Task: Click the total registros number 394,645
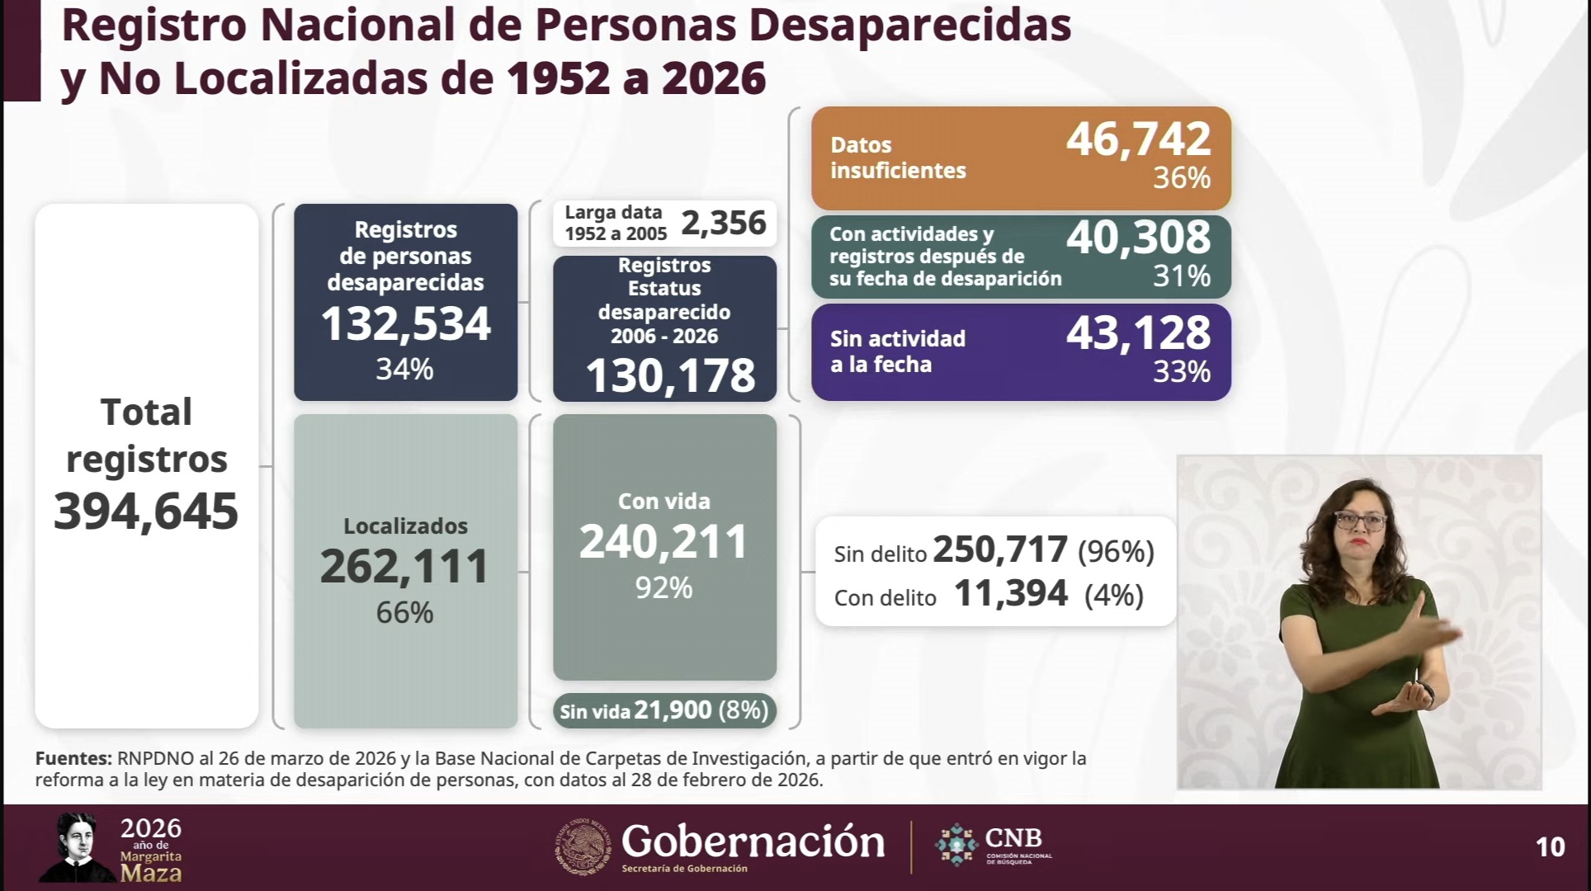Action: coord(146,511)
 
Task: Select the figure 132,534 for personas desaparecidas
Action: coord(405,324)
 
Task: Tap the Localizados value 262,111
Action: coord(405,567)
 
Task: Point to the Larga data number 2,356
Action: coord(724,223)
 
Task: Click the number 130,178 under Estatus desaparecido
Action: coord(669,375)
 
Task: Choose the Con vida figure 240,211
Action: coord(663,542)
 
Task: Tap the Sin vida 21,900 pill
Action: coord(664,710)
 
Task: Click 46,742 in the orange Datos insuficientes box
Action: coord(1138,139)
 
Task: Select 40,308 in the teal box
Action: coord(1138,237)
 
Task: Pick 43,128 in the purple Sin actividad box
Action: coord(1138,333)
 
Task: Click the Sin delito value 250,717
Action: coord(1000,550)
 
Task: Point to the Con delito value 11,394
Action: coord(1010,594)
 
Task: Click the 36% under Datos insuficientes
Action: coord(1181,177)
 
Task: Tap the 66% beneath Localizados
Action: coord(404,612)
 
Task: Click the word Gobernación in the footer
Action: coord(753,841)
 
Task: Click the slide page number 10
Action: coord(1550,847)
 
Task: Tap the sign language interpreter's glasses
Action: coord(1359,521)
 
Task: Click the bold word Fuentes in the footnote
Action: coord(73,758)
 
